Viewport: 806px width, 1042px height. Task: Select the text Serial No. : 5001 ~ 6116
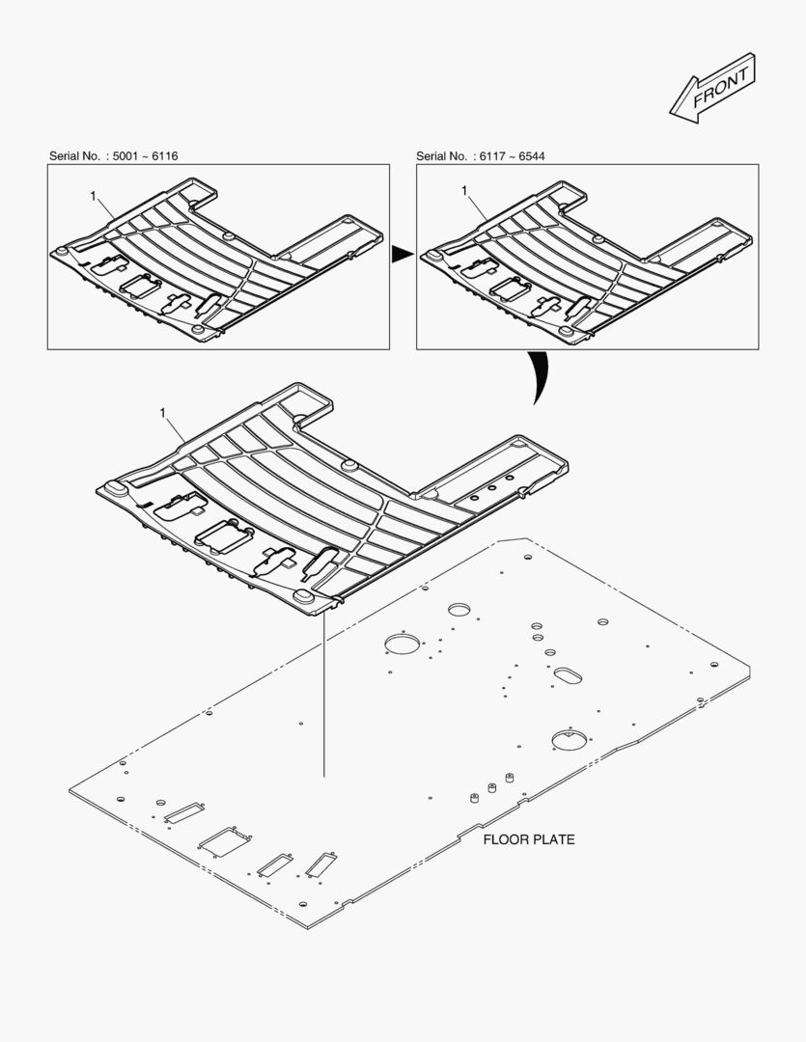click(x=113, y=155)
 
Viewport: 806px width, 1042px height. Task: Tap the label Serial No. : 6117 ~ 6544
click(x=480, y=155)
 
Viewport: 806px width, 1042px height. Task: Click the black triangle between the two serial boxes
click(x=403, y=255)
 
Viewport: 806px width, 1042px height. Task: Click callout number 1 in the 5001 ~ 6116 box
click(x=94, y=196)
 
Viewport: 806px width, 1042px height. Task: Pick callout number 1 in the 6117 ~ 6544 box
click(x=465, y=191)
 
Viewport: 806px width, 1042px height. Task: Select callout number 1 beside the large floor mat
click(x=163, y=412)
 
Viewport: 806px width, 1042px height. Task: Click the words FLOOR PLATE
click(x=529, y=839)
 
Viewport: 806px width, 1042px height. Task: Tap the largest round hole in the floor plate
click(x=404, y=644)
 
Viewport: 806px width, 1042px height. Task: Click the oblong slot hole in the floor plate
click(x=568, y=674)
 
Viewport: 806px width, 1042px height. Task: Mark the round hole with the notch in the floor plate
click(x=569, y=740)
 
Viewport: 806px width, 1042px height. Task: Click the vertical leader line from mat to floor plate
click(x=324, y=695)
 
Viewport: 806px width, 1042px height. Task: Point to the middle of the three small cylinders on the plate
click(x=492, y=787)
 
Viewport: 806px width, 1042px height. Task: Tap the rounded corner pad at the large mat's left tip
click(x=113, y=488)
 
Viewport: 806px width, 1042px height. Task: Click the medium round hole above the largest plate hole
click(x=459, y=609)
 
